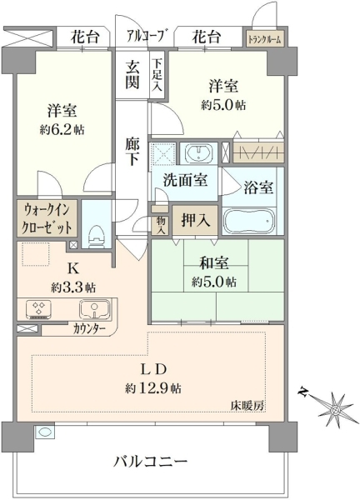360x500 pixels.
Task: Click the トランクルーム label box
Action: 265,38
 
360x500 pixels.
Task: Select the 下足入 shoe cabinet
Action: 157,75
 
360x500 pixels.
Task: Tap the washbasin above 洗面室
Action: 198,153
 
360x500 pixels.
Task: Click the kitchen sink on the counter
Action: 95,309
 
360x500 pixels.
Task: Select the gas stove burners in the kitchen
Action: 39,308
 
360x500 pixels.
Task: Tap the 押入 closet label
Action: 196,220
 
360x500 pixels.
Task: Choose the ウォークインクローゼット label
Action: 47,219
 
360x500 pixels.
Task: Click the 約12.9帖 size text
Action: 153,388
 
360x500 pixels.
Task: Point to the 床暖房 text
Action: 247,406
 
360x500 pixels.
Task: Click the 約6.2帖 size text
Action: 62,129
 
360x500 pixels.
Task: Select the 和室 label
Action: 214,263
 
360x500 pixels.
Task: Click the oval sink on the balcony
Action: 45,432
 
